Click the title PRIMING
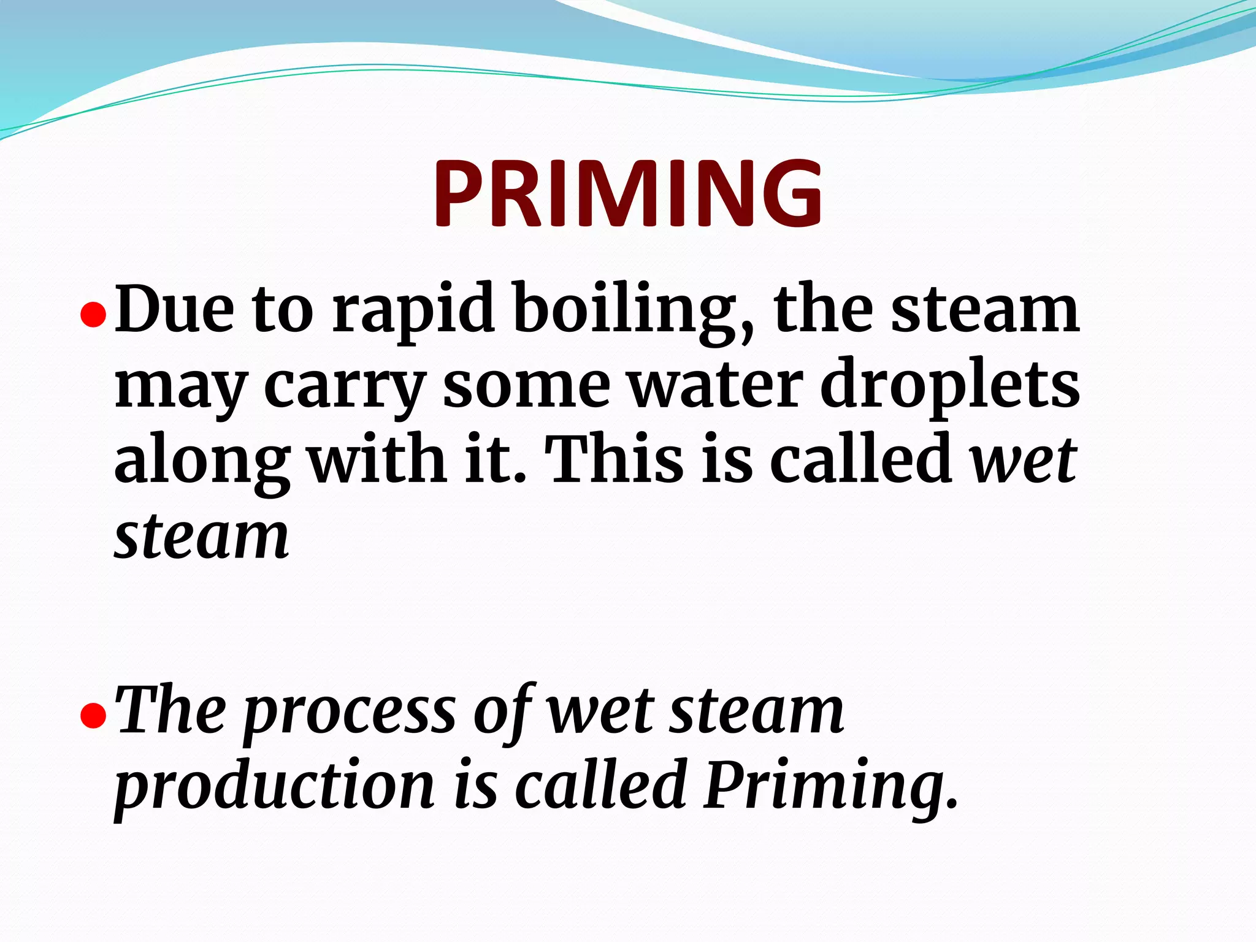(627, 193)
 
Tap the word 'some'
(526, 386)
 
